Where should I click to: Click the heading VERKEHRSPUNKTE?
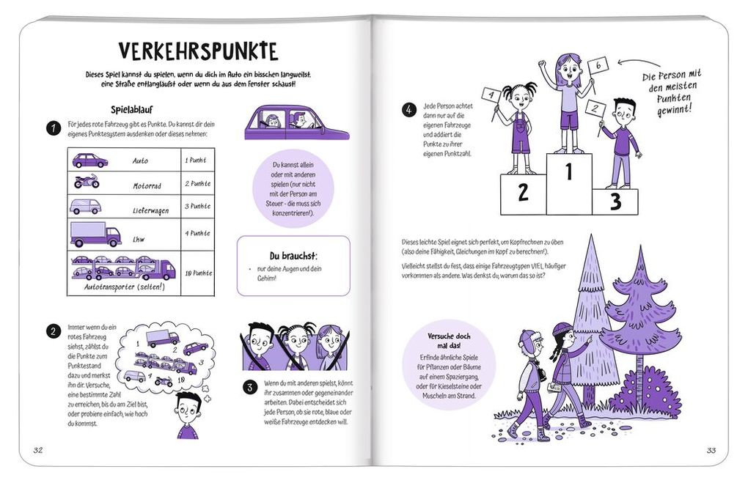(198, 51)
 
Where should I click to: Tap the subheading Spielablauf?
(131, 108)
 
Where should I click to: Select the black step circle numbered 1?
(53, 128)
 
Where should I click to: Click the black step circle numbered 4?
(409, 110)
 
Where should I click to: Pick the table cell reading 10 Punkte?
(197, 273)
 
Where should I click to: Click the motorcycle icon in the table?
(87, 181)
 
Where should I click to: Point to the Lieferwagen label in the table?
(150, 210)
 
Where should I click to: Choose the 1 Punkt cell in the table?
(196, 160)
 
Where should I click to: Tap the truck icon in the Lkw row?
(95, 235)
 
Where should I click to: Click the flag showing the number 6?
(598, 66)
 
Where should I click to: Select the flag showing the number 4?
(490, 95)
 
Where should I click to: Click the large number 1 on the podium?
(568, 172)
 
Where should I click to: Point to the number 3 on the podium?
(615, 201)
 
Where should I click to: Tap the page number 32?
(38, 450)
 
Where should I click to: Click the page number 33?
(711, 450)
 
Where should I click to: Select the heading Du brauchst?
(293, 255)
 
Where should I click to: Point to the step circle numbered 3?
(250, 388)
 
